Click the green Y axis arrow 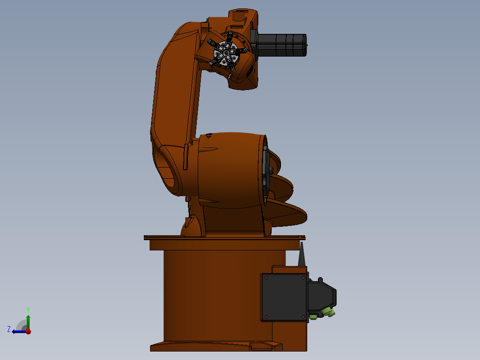(x=28, y=321)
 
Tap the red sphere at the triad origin (x=28, y=331)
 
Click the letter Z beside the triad (x=9, y=329)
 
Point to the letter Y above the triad (x=28, y=309)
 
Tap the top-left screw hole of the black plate (x=266, y=278)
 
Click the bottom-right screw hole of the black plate (x=303, y=317)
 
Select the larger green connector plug (x=327, y=311)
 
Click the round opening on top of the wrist (x=239, y=16)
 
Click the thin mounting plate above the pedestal (x=225, y=238)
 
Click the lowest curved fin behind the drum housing (x=289, y=214)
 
